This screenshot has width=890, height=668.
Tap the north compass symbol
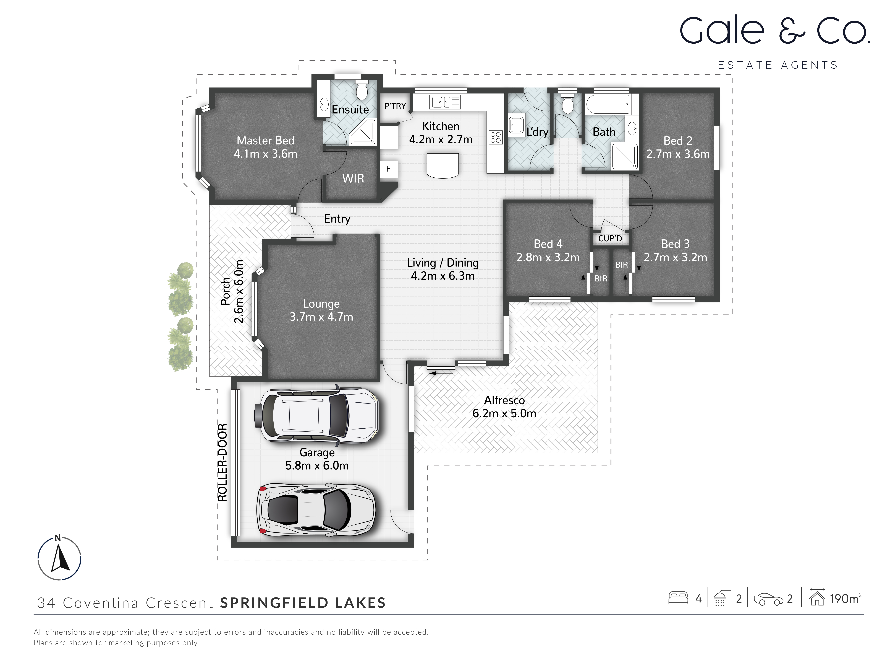coord(60,558)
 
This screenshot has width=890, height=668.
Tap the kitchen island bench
coord(443,165)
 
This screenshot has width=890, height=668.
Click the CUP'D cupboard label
coord(610,238)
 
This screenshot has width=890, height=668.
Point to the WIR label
coord(353,178)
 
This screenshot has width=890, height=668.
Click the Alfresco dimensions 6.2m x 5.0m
coord(504,413)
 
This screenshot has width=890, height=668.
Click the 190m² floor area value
coord(845,599)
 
